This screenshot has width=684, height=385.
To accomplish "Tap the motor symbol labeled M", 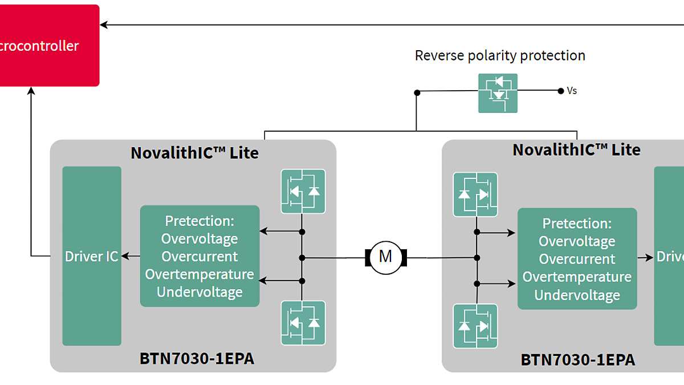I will click(x=385, y=257).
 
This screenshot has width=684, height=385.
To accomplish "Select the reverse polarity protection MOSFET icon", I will click(x=498, y=92).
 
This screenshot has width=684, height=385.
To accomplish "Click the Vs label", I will click(x=572, y=91).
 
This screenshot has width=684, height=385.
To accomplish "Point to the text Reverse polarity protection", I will click(x=500, y=56).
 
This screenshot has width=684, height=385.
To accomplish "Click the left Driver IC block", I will click(x=92, y=257).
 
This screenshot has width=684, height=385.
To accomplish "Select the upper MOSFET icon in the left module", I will click(x=303, y=191).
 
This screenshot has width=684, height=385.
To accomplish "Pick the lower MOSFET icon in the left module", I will click(x=303, y=323).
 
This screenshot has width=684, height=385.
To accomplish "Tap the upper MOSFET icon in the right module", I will click(x=475, y=194).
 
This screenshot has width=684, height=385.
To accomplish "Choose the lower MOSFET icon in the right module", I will click(x=475, y=326).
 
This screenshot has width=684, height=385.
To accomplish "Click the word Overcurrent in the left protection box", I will click(x=199, y=257).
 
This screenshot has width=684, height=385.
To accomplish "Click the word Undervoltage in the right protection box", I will click(x=577, y=295).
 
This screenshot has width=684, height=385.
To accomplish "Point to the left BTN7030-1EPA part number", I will click(x=197, y=359).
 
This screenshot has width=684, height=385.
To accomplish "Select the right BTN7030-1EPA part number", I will click(x=577, y=360).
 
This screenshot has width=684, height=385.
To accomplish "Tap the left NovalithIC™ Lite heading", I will click(x=194, y=153).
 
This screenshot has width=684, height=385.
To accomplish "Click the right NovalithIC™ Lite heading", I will click(x=576, y=150).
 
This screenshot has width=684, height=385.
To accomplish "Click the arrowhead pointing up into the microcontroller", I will click(x=31, y=91).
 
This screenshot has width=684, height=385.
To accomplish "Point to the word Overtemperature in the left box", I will click(x=199, y=274).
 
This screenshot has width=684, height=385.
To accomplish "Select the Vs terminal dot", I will click(x=560, y=91).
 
